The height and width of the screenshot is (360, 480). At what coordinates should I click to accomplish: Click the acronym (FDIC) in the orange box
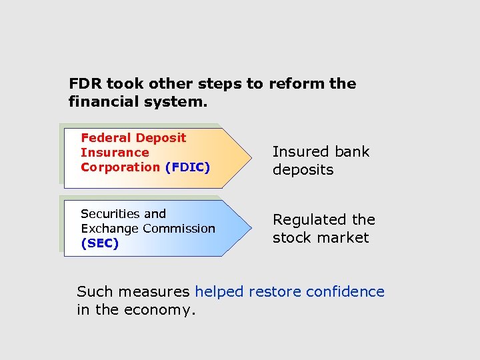187,167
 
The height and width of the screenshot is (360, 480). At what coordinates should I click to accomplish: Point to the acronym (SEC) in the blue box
100,243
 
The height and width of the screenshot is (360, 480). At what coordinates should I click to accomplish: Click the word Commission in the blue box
179,229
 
